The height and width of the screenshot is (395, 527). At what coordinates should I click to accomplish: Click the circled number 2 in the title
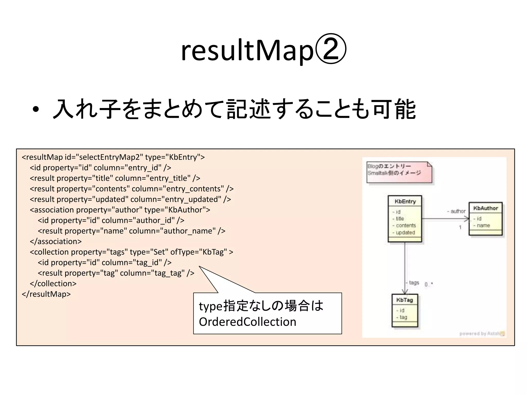point(331,49)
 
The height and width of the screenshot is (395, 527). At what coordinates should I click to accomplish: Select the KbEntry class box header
point(405,201)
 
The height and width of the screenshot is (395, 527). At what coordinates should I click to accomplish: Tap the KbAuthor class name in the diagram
point(486,208)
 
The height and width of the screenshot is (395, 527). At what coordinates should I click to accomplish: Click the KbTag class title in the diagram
point(405,300)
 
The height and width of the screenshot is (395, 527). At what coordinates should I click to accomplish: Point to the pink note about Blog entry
point(399,172)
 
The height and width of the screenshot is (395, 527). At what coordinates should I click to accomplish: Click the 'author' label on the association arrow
point(458,211)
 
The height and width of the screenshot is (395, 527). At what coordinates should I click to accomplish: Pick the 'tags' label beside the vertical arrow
point(414,283)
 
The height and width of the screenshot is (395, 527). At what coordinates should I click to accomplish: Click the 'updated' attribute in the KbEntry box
point(405,232)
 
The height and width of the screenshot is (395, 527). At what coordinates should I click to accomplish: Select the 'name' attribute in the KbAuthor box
point(483,226)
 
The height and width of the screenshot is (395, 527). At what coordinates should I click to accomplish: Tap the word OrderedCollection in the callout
point(247,322)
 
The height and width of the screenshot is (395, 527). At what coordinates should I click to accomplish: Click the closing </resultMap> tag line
point(46,294)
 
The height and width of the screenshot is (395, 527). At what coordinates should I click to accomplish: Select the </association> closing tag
point(56,241)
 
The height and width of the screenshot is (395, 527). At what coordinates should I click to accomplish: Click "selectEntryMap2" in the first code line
point(109,157)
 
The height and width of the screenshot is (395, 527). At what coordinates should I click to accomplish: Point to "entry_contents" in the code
point(194,189)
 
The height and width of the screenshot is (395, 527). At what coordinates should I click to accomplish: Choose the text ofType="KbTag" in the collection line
point(199,252)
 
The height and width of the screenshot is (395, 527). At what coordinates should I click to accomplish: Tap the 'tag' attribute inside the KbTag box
point(403,317)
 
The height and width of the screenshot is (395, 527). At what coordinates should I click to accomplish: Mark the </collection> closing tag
point(53,283)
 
